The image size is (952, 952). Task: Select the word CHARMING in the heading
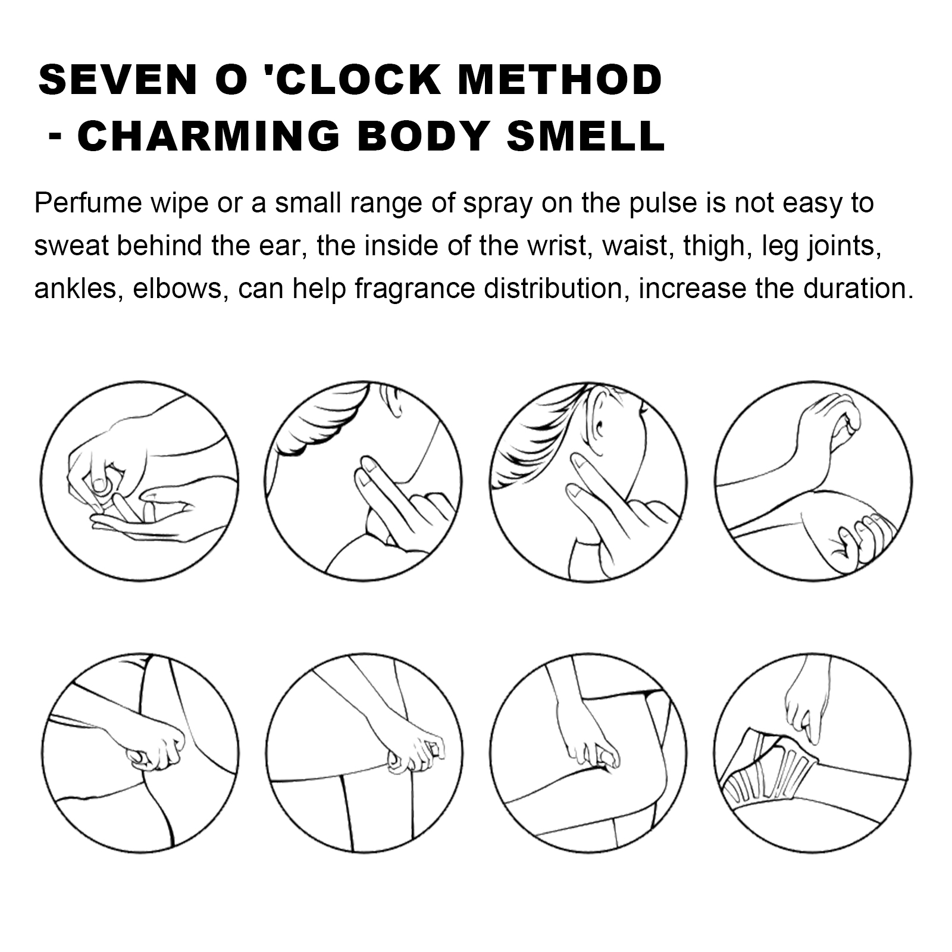coord(209,136)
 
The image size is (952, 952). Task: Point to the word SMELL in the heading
coord(585,136)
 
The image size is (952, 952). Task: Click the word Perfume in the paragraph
coord(88,203)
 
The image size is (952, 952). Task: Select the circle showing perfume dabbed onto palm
coord(140,481)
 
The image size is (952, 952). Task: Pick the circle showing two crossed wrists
coord(813,481)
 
